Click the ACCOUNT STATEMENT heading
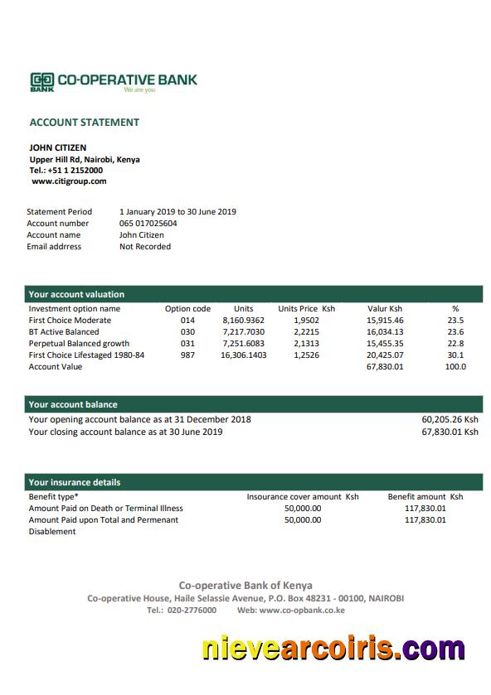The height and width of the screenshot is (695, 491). point(85,123)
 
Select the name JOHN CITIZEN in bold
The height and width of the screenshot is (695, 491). point(58,148)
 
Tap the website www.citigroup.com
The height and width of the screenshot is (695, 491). point(69,181)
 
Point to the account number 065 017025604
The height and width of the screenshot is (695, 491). point(148,224)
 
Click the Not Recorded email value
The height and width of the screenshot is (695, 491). point(145,247)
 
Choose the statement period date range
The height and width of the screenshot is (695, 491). point(177,212)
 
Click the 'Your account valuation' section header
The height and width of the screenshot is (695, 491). point(76,294)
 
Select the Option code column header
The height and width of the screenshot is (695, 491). point(187,309)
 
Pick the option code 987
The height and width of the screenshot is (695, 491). point(187,355)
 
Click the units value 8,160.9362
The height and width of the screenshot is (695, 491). point(243,321)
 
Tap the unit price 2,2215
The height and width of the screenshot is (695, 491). point(306,332)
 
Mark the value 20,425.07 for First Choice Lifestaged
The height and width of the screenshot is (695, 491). point(385,355)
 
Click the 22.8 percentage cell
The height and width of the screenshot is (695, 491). point(455,344)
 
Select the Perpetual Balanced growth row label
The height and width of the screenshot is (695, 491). point(79,344)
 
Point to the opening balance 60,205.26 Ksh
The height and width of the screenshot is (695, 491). point(450,420)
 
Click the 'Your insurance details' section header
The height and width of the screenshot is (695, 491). point(75,482)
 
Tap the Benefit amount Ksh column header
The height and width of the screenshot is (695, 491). point(425,497)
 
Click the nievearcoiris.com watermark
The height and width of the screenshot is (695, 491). point(333,649)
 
